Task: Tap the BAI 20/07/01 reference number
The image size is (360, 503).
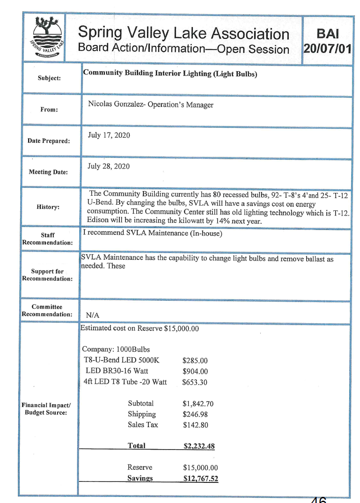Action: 327,41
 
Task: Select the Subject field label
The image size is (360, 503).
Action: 49,78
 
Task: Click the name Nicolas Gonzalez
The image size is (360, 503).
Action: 115,105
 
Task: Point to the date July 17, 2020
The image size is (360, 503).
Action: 109,135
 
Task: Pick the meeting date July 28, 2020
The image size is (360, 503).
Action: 109,166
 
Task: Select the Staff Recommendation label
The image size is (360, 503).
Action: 47,238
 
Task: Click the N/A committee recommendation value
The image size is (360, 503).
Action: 92,316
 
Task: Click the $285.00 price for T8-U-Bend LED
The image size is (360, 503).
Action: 195,361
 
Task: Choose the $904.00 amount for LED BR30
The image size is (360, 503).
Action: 195,371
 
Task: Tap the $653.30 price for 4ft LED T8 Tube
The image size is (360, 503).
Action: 195,382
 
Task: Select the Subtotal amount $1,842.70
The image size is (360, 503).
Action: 198,404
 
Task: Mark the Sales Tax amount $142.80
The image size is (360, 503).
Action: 195,425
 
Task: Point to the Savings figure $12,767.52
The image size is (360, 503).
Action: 200,479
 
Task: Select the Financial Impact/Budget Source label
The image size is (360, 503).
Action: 47,408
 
